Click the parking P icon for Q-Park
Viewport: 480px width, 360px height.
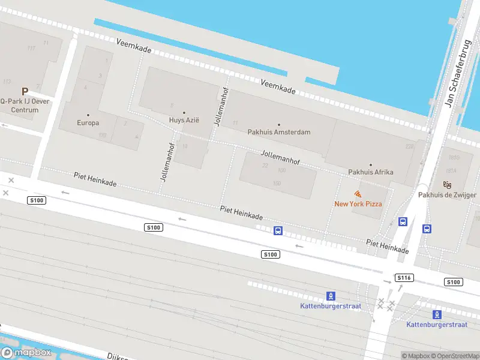pos(25,91)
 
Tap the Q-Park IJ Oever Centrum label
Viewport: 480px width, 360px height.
pos(25,106)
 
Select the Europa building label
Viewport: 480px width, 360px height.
pos(88,123)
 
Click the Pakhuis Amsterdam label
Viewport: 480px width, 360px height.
pos(279,132)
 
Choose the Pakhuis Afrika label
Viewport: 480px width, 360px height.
pos(371,172)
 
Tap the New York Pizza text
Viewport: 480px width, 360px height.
pos(358,204)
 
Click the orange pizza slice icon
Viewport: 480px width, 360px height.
pos(358,194)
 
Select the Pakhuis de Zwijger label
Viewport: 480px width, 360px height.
pos(447,195)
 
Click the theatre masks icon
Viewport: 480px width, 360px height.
pos(446,184)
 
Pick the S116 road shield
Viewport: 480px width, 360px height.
pos(404,278)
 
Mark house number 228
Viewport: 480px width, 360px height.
pos(410,146)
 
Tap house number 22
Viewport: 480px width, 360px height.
pos(265,166)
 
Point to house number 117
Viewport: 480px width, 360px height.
pos(31,48)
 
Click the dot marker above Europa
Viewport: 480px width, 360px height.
pos(88,115)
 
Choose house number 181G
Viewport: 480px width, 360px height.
pos(454,158)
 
